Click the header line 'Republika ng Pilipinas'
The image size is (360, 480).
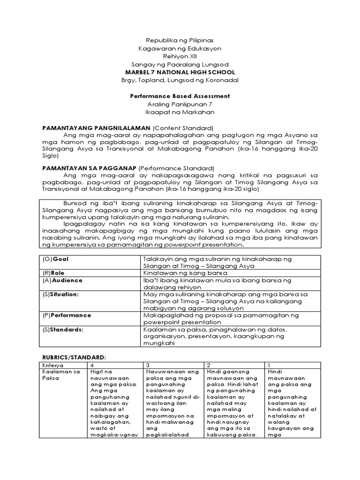tap(180, 40)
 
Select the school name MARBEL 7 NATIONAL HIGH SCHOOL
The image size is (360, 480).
tap(180, 72)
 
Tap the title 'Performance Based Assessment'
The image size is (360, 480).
tap(180, 96)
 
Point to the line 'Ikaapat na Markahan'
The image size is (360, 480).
tap(180, 112)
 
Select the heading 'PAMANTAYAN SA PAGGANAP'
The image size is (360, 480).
tap(91, 168)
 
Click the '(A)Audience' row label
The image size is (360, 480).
tap(62, 280)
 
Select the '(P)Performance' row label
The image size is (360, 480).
tap(67, 315)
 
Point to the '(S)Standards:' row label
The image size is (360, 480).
tap(62, 330)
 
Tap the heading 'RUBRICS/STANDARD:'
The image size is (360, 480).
tap(74, 357)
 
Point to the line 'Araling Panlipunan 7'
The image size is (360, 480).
tap(180, 105)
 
